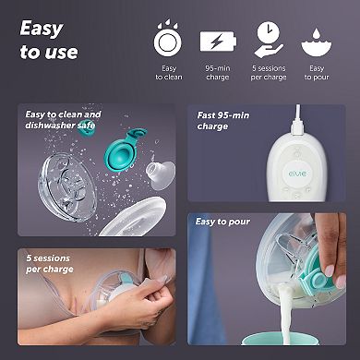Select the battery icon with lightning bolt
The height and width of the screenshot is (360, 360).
218,42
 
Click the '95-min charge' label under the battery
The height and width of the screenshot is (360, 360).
218,73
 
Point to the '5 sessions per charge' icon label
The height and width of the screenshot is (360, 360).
269,73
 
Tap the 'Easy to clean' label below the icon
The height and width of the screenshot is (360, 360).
168,73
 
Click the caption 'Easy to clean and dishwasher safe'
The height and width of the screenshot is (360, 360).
64,120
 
